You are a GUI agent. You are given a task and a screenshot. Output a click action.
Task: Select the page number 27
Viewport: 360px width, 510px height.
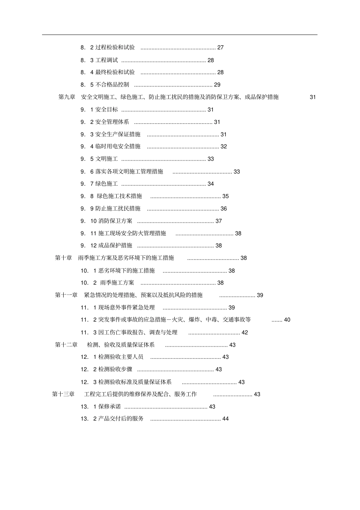(221, 47)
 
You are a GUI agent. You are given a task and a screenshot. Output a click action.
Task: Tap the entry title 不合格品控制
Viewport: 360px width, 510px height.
(112, 84)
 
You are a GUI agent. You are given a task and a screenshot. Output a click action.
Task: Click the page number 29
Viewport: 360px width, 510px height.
(217, 84)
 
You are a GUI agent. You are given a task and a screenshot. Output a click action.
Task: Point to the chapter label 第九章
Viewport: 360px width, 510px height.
(67, 97)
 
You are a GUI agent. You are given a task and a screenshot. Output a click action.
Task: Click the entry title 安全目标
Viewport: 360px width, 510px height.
(106, 110)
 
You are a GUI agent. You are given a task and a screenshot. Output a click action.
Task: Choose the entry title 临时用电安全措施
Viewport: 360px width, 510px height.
(118, 146)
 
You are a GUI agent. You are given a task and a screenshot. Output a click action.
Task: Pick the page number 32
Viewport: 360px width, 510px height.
(224, 146)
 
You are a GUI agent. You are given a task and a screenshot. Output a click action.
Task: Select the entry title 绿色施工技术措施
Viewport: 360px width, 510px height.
(119, 196)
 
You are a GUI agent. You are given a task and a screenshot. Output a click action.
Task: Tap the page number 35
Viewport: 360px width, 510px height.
(225, 196)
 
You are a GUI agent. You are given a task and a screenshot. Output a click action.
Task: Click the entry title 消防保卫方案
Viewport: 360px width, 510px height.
(116, 221)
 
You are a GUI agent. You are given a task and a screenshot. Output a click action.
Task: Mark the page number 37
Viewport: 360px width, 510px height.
(219, 221)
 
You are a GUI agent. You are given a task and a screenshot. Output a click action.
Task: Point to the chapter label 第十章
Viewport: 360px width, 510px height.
(64, 258)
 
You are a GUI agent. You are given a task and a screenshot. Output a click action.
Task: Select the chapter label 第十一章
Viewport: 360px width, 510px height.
(66, 295)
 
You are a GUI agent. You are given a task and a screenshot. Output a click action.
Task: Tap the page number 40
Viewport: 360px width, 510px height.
(287, 320)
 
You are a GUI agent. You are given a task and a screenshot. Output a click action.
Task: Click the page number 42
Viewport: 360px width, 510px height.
(245, 332)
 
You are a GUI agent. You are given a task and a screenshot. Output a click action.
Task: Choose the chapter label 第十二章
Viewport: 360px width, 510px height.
(66, 345)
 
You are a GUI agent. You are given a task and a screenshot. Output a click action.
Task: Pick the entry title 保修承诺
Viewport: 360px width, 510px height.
(110, 407)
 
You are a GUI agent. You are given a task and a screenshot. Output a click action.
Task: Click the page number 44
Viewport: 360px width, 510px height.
(225, 419)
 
